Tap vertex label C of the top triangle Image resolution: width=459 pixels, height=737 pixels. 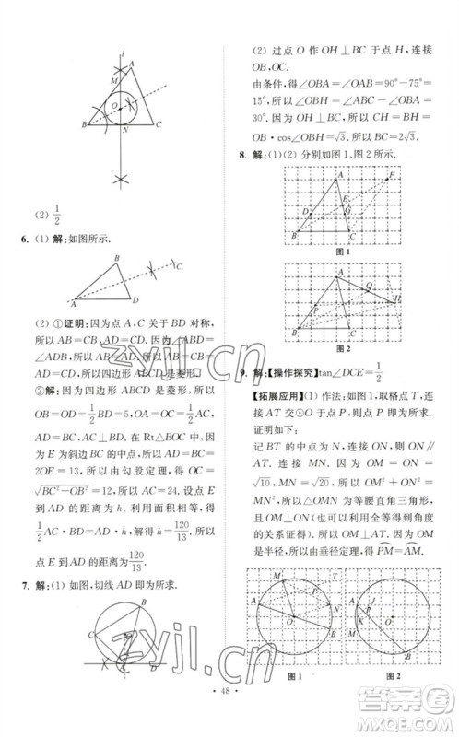click(x=160, y=124)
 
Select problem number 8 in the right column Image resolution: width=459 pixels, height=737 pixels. click(x=242, y=156)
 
